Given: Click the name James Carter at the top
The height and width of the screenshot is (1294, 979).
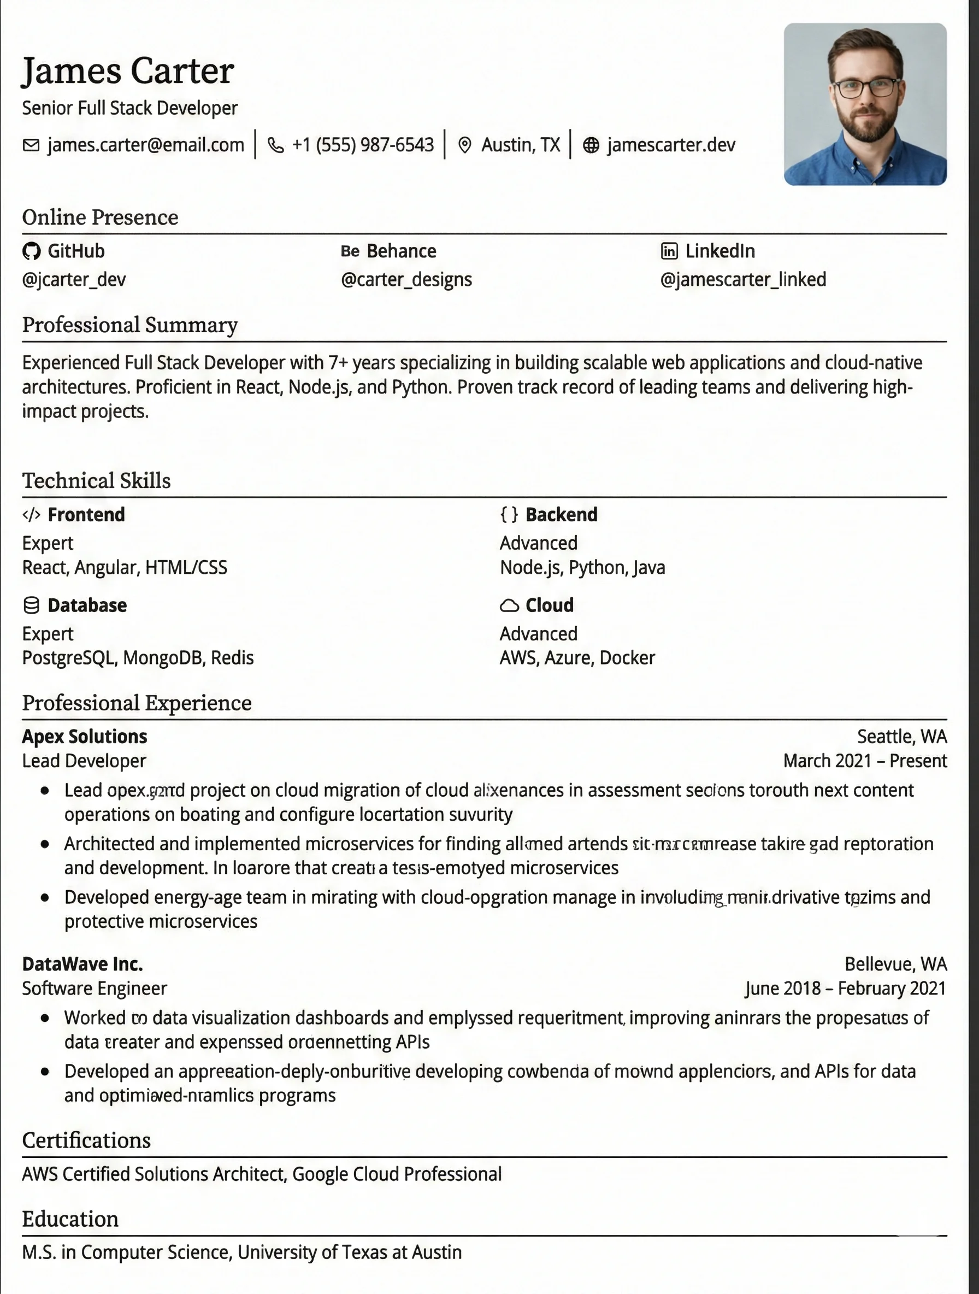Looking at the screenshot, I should (x=127, y=71).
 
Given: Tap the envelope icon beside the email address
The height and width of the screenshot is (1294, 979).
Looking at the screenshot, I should (x=31, y=144).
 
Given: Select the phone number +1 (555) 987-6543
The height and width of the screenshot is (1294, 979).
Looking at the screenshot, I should (x=363, y=144).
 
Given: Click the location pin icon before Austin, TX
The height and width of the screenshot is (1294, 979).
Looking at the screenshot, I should (x=464, y=145).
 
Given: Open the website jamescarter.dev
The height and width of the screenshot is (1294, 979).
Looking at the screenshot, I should (x=671, y=144).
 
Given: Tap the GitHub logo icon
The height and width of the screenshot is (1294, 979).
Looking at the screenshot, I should (x=31, y=251).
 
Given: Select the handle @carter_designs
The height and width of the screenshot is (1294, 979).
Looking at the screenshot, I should (x=406, y=280).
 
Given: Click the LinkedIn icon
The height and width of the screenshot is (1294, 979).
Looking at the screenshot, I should (x=669, y=251).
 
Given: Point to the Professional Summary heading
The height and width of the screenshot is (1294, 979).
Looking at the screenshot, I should (x=130, y=325).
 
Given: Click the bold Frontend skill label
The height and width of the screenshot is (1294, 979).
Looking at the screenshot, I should (x=86, y=515).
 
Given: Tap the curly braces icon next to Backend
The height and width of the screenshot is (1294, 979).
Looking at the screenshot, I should (x=509, y=514).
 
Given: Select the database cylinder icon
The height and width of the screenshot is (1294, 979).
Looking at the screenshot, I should (x=31, y=605).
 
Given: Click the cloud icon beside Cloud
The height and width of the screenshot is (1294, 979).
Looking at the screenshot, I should (x=509, y=605).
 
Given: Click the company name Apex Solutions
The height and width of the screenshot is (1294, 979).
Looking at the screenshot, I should (x=84, y=737).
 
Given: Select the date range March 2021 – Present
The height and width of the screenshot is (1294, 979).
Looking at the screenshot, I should (x=864, y=761).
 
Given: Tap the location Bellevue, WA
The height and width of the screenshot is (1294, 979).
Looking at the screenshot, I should (x=895, y=964).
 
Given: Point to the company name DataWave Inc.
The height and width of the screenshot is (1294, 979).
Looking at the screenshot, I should (x=82, y=964).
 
